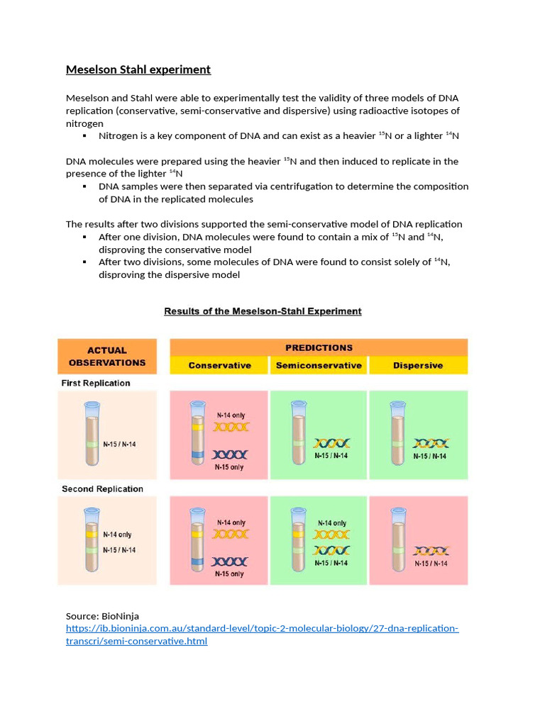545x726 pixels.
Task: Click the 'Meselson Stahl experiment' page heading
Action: [x=138, y=69]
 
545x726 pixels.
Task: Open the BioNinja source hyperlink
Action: [x=262, y=629]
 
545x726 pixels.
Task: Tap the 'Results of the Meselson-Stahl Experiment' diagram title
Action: [x=263, y=311]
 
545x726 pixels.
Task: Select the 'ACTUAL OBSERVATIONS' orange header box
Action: [x=107, y=356]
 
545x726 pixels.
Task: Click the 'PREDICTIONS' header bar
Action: [x=319, y=347]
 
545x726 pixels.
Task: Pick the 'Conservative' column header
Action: [x=219, y=366]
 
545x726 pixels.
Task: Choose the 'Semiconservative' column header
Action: [x=319, y=366]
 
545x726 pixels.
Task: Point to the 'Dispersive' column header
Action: [x=418, y=366]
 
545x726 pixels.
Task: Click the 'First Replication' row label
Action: [x=96, y=383]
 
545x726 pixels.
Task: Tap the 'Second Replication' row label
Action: [x=102, y=489]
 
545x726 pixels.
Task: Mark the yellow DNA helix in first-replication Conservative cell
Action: [x=231, y=428]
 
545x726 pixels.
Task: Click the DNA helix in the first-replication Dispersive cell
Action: [x=431, y=444]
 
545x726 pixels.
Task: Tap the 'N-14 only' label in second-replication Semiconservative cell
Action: [x=331, y=523]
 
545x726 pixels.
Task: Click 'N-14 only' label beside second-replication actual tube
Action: [x=117, y=535]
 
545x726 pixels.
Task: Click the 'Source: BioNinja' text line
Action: [x=98, y=616]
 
